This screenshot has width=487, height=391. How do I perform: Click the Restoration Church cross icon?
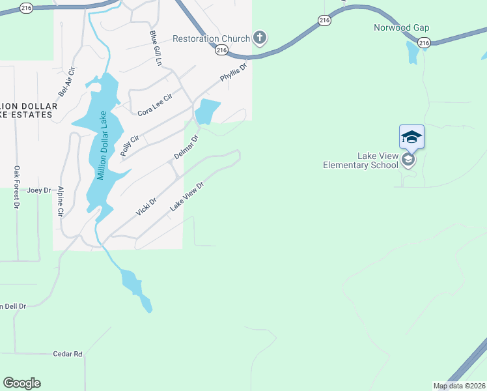point(260,38)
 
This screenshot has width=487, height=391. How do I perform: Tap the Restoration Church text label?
point(211,38)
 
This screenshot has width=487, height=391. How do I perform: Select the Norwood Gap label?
point(401,28)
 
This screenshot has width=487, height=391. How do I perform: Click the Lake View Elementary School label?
point(361,160)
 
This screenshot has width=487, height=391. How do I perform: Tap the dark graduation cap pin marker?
point(411,137)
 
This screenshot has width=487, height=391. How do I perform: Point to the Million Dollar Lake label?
point(101,147)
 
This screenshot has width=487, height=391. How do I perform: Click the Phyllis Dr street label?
point(234,72)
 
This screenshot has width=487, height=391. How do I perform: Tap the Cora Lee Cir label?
point(154,104)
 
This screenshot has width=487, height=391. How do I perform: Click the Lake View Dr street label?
point(188,196)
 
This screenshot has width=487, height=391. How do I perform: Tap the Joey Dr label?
point(35,190)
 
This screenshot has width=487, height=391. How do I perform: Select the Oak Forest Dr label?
point(17,187)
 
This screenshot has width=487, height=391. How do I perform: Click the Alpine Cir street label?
point(61,201)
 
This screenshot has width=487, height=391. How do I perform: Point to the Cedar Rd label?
point(68,354)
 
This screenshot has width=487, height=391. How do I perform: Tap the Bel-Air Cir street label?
point(67,81)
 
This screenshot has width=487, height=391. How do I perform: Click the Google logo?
point(21,383)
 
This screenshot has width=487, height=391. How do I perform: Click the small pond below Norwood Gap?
point(412,51)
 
